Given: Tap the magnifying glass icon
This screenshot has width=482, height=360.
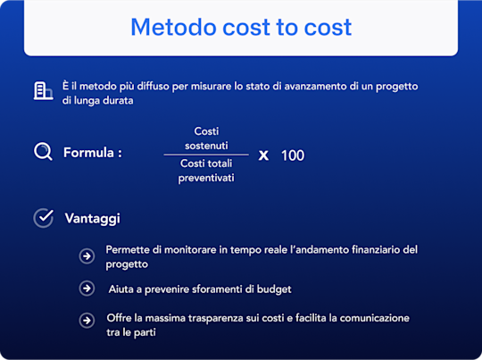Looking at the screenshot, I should point(43,152).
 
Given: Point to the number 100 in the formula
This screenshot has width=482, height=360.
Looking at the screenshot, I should point(293,155).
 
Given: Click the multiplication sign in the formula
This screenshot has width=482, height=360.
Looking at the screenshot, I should point(263,155).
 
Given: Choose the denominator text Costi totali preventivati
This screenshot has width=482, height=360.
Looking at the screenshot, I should point(206,171).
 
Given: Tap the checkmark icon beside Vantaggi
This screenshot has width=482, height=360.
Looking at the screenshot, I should point(43,218).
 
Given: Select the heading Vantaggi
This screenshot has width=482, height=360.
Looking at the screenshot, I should point(93,218).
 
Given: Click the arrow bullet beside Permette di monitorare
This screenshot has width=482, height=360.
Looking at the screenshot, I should point(87,256).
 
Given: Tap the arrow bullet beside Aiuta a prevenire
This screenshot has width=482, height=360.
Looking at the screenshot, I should point(87,289).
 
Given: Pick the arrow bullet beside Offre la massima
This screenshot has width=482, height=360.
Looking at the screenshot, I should point(87,320).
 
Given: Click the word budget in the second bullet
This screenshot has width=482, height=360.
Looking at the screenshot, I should point(273,289).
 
